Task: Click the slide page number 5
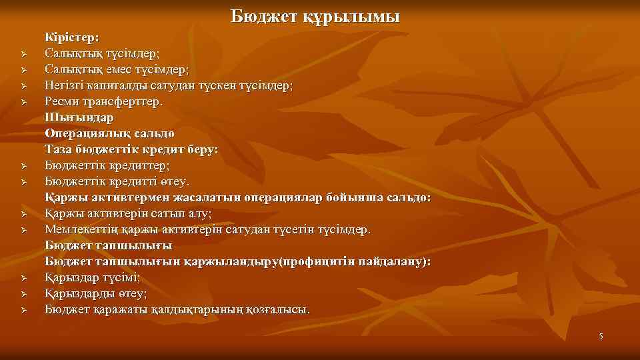pyautogui.click(x=601, y=336)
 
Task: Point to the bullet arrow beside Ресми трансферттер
pyautogui.click(x=22, y=102)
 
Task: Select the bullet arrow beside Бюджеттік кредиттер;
pyautogui.click(x=22, y=166)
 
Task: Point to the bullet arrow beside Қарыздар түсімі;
pyautogui.click(x=22, y=278)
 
